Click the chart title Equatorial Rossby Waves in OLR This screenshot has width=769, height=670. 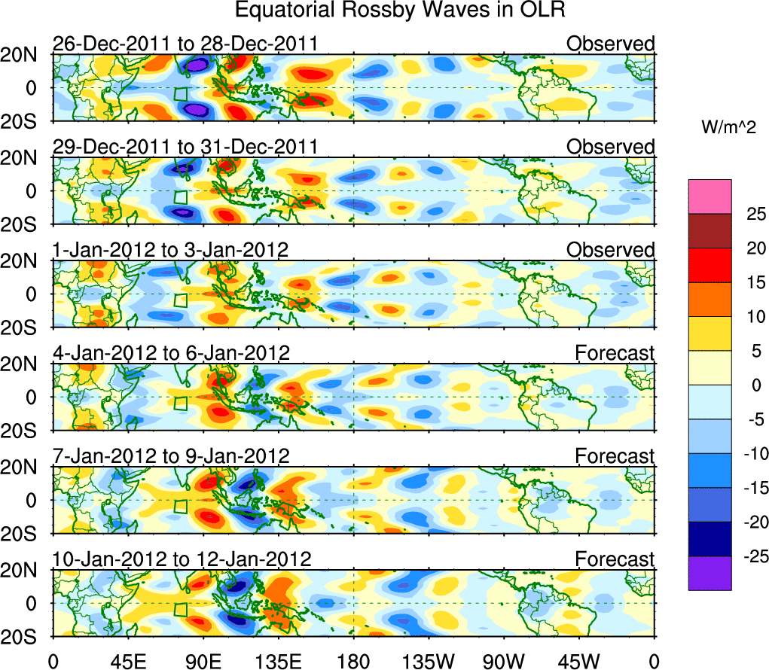tap(400, 11)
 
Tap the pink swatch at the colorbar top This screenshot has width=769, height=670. tap(709, 196)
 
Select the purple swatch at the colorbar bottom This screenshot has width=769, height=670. tap(709, 573)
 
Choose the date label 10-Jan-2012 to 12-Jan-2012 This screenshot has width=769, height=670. tap(182, 559)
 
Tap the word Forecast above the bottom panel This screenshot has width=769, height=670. tap(615, 559)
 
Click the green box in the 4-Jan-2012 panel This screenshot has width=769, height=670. tap(180, 403)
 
